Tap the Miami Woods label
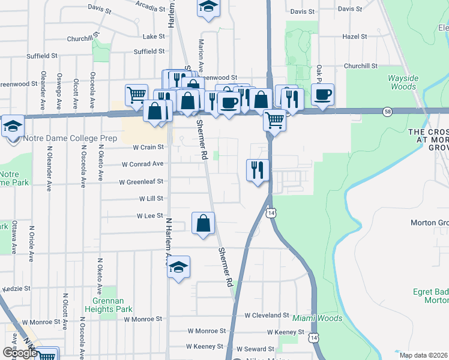point(317,318)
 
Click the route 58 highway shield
point(388,111)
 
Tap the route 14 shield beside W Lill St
point(271,213)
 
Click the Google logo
point(20,353)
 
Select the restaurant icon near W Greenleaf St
point(258,170)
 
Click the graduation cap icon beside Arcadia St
point(208,7)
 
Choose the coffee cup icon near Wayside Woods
point(323,95)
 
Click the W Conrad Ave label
point(143,164)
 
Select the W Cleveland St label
point(267,315)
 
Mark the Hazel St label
point(354,37)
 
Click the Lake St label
point(154,37)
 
